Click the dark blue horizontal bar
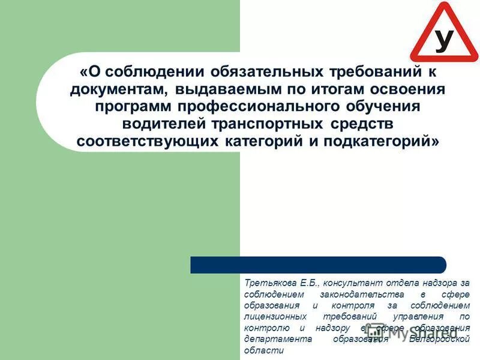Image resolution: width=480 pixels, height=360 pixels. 318,265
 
